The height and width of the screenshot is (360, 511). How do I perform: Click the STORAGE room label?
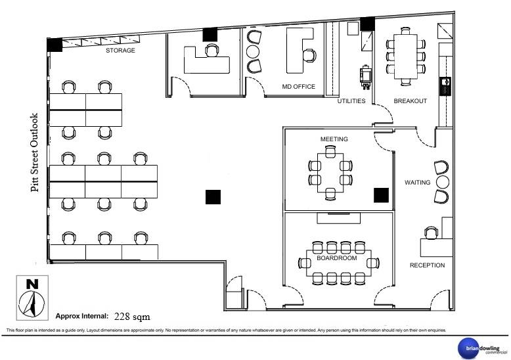(x=120, y=50)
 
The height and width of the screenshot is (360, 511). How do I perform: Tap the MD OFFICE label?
(x=298, y=87)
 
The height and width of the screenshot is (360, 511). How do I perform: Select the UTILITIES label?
(x=351, y=101)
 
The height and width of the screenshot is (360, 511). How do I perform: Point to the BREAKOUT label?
(x=411, y=101)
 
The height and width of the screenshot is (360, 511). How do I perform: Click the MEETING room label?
(x=334, y=139)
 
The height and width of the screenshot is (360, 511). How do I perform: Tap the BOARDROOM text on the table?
(x=337, y=258)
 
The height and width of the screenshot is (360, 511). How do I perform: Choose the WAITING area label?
(x=418, y=182)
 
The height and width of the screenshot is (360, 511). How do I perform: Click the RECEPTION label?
(x=427, y=265)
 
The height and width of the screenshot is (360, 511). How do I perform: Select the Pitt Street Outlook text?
(x=35, y=152)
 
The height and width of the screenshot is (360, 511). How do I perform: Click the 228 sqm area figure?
(x=132, y=316)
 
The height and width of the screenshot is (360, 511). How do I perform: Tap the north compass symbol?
(x=32, y=298)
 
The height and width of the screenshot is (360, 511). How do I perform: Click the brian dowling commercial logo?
(x=483, y=349)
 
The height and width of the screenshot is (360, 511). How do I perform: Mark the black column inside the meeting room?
(x=382, y=195)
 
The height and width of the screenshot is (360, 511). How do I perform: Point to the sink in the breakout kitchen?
(x=445, y=86)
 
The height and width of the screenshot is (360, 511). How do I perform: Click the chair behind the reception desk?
(x=431, y=233)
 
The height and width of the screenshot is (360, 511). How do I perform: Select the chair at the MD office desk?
(x=309, y=55)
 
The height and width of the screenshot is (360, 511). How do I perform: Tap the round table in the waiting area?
(x=443, y=182)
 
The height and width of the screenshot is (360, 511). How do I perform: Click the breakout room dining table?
(x=406, y=56)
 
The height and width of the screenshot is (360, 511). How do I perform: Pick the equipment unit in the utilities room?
(x=366, y=77)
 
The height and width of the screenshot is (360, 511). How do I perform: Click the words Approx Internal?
(x=82, y=316)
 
